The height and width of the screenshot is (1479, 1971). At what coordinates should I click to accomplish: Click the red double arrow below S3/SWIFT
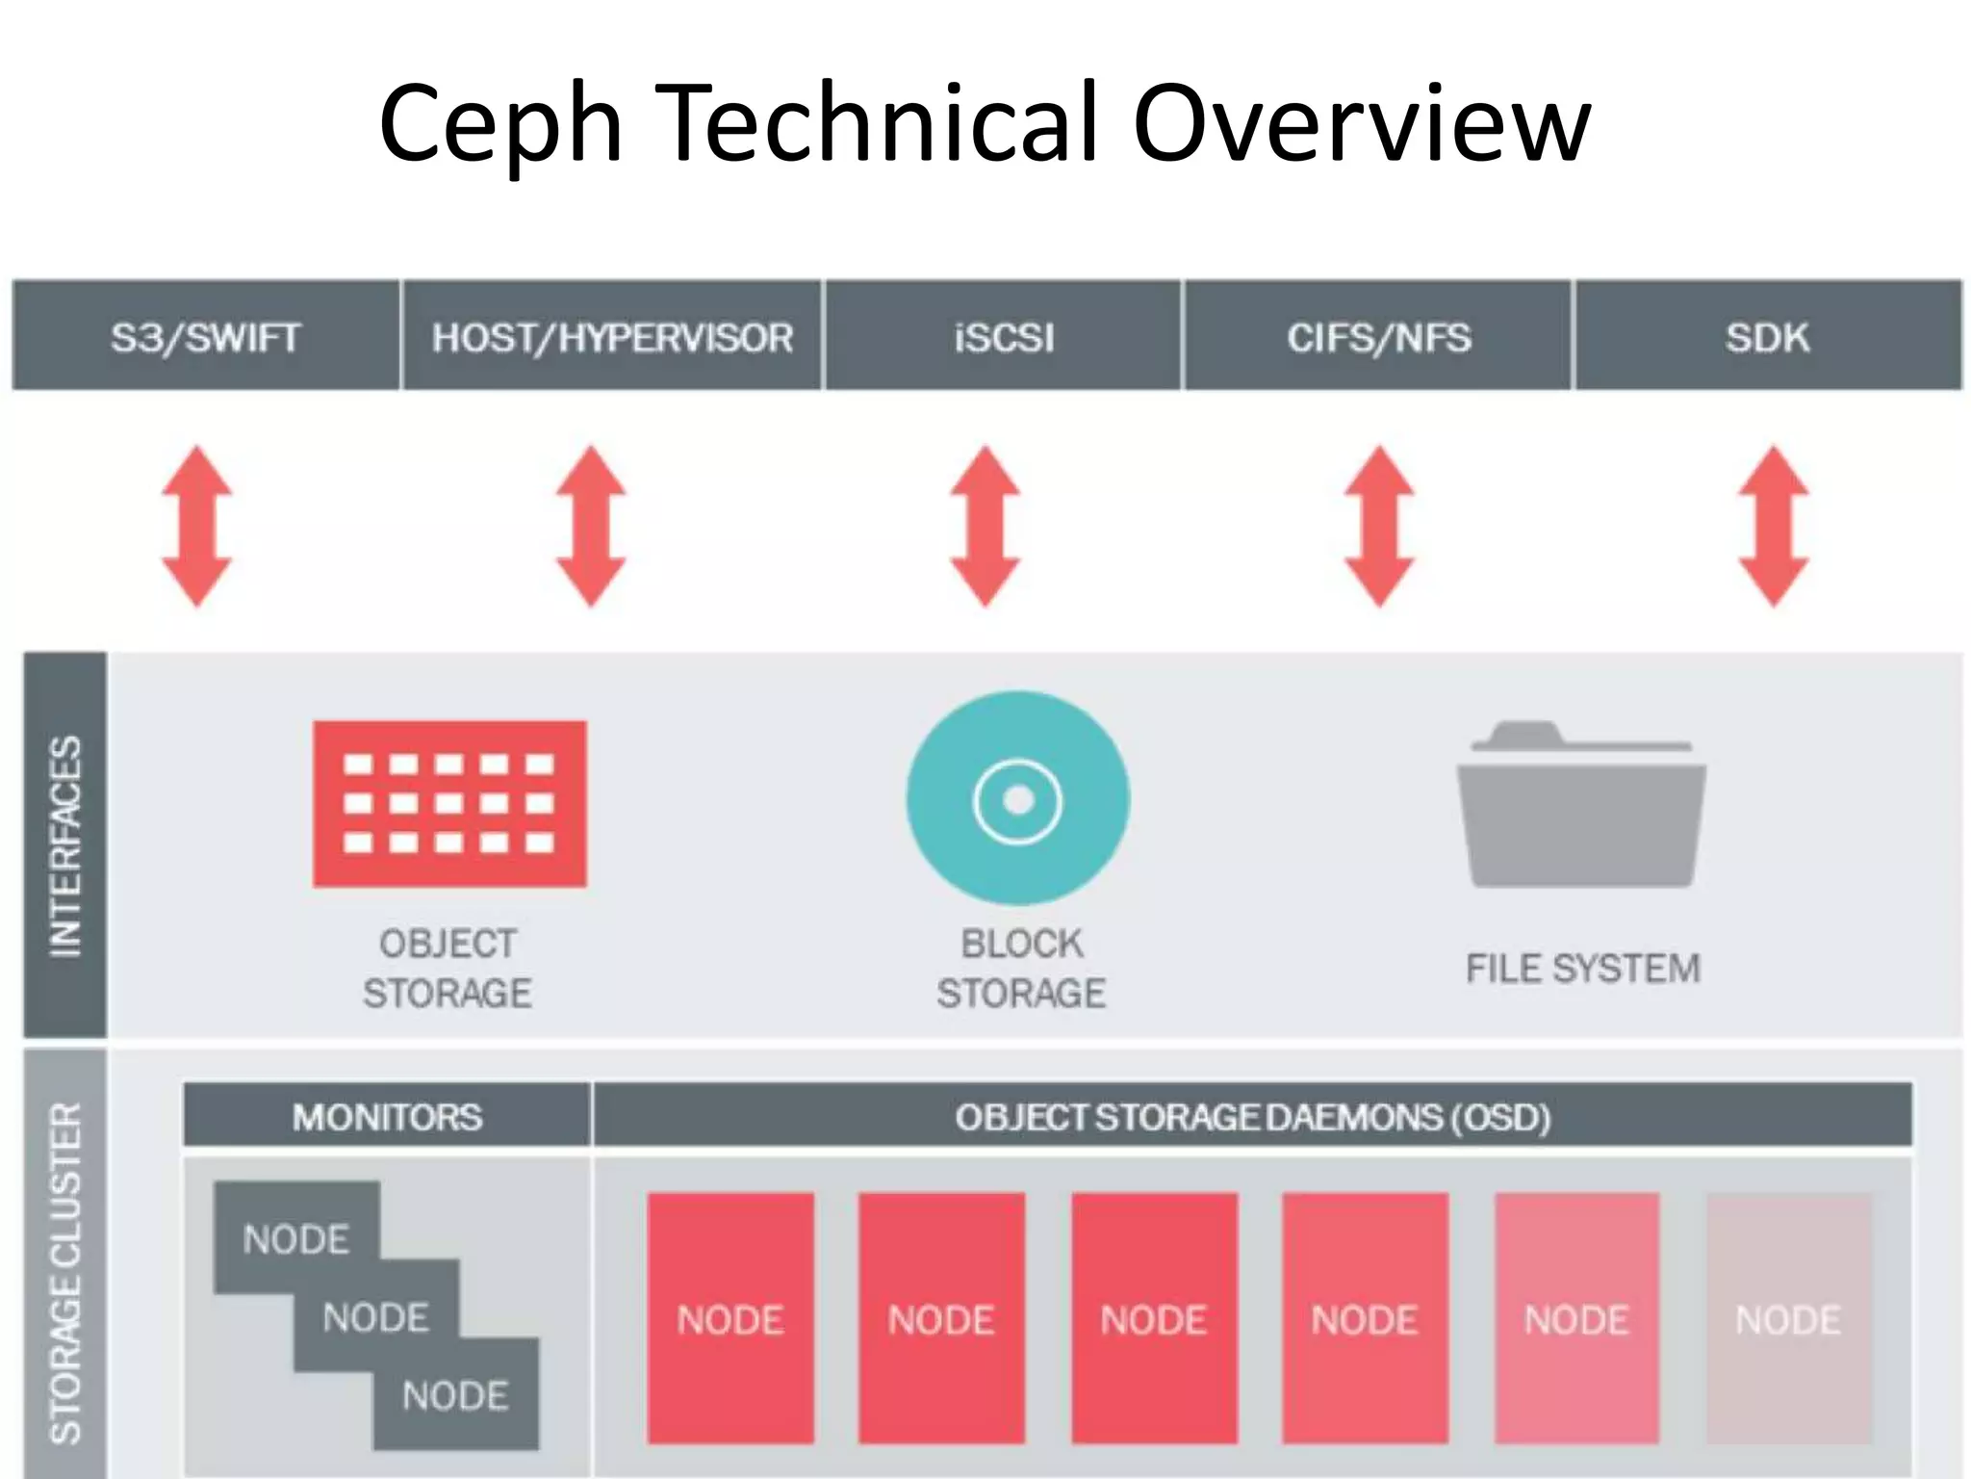[x=196, y=526]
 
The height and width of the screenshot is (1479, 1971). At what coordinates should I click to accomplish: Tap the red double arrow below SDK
[x=1773, y=526]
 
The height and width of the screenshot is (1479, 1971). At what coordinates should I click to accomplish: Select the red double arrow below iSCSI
[x=985, y=526]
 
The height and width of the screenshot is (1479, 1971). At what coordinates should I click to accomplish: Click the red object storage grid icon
[x=449, y=803]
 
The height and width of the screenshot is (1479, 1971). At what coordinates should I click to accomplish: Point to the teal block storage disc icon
[x=1018, y=798]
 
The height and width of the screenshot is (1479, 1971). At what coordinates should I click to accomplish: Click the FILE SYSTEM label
[x=1583, y=969]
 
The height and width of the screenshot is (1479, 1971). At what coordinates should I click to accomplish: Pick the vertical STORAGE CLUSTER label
[x=65, y=1271]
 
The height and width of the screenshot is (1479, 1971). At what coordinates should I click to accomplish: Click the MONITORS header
[x=387, y=1117]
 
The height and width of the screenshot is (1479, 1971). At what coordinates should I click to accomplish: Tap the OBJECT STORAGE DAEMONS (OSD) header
[x=1252, y=1117]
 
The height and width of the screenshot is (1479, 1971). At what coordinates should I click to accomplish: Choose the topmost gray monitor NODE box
[x=296, y=1237]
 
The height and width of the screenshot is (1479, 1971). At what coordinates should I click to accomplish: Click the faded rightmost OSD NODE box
[x=1788, y=1318]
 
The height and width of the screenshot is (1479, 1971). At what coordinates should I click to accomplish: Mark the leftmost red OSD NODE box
[x=730, y=1318]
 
